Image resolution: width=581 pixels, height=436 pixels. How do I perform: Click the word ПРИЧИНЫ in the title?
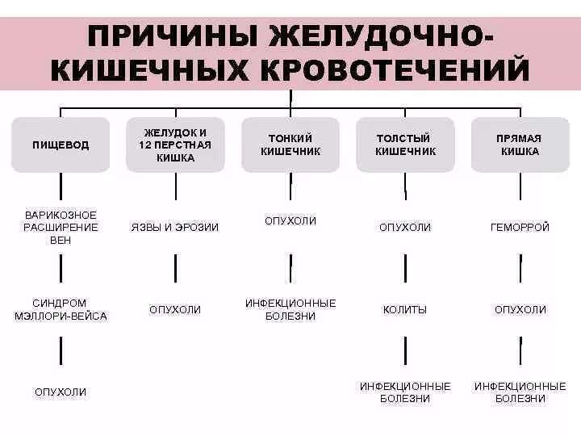[169, 38]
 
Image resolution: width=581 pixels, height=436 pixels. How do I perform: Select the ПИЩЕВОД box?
[61, 145]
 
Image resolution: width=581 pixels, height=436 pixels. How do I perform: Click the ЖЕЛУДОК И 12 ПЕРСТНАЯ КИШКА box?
[175, 145]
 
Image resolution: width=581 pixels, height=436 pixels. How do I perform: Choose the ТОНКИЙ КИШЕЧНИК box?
[290, 145]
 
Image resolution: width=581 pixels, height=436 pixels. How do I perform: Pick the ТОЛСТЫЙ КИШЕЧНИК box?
[405, 145]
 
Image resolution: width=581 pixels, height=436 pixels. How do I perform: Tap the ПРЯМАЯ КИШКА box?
[520, 145]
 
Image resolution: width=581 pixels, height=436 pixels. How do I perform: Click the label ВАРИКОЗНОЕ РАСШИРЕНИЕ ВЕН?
[61, 227]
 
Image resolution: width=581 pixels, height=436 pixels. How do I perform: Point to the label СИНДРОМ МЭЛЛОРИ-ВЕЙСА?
[61, 309]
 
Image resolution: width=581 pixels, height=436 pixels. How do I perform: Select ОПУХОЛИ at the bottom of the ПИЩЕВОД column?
[61, 392]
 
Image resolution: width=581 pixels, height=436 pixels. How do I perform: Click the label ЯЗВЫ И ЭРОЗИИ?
[175, 228]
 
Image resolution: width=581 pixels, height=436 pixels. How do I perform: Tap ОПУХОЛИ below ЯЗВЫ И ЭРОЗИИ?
[175, 309]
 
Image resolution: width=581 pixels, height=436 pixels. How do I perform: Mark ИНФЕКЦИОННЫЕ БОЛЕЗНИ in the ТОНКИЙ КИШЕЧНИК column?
[290, 309]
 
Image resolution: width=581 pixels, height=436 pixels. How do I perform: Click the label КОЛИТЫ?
[405, 309]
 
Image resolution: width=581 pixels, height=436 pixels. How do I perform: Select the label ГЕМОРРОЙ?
[520, 228]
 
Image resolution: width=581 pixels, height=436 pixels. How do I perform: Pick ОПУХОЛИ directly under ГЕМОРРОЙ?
[520, 309]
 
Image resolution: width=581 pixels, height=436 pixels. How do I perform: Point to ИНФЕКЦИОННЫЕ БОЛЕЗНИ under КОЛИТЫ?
[405, 392]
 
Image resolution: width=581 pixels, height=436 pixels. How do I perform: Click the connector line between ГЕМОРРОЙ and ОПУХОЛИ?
[520, 268]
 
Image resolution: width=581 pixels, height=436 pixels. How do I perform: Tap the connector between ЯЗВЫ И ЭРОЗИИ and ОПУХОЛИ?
[175, 268]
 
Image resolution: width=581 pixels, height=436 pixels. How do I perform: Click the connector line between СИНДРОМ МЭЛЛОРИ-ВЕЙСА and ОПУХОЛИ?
[61, 350]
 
